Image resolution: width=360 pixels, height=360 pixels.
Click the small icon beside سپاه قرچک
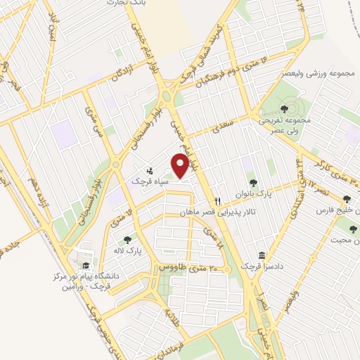click(x=150, y=171)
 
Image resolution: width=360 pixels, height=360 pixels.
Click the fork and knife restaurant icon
click(x=219, y=201)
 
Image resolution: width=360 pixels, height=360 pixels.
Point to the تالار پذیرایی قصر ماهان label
click(x=217, y=212)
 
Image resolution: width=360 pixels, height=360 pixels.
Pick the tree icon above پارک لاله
click(x=127, y=240)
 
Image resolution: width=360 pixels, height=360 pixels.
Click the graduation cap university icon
click(x=86, y=265)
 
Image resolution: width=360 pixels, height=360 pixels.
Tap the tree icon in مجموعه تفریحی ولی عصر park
click(x=283, y=108)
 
